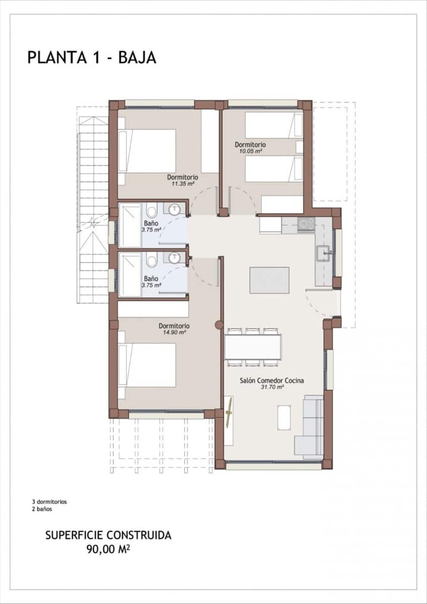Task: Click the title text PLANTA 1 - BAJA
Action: click(x=92, y=57)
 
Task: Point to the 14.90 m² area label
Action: click(x=174, y=332)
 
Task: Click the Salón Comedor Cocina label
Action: click(x=272, y=381)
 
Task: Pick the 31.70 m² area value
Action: click(x=272, y=388)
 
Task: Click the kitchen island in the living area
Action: click(x=269, y=280)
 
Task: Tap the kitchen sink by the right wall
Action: click(x=322, y=254)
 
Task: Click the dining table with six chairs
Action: click(x=253, y=347)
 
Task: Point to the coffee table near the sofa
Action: click(x=284, y=417)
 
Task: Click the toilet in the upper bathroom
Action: click(x=151, y=210)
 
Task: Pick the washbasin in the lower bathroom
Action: click(x=174, y=258)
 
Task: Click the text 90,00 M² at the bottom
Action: click(x=108, y=548)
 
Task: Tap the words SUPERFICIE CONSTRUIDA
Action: click(x=108, y=535)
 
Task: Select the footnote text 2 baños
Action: click(x=42, y=509)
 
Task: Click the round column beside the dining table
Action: click(x=219, y=326)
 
